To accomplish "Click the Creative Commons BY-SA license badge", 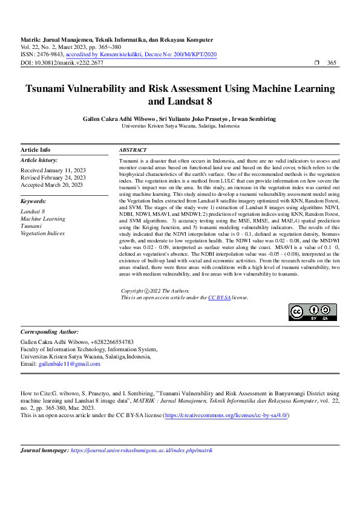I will point(313,312).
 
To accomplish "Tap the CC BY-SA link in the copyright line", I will point(219,297).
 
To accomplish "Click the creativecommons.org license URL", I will point(231,415).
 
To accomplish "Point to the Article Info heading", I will point(36,150).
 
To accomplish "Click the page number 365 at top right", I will point(332,63).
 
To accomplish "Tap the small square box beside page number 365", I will point(316,63).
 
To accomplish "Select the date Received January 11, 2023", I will point(53,170).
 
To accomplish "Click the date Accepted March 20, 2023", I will point(51,185).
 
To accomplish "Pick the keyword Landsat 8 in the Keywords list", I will point(33,212).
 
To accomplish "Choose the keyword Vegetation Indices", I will point(42,233).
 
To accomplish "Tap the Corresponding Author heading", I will point(50,332).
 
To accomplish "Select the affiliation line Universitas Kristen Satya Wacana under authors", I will point(180,126).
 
